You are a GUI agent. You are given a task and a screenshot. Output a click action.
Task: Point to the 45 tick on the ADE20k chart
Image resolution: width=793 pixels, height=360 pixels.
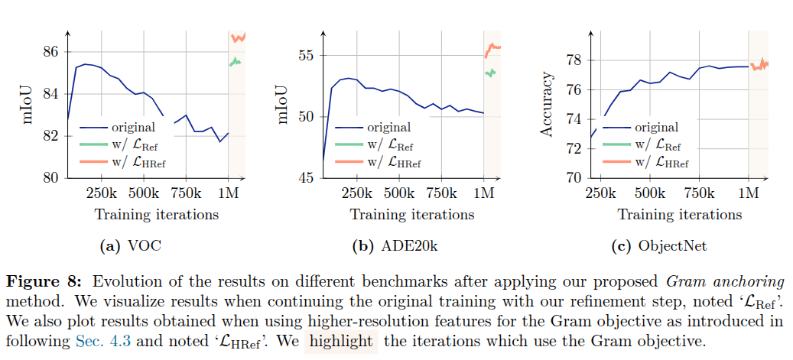pyautogui.click(x=306, y=177)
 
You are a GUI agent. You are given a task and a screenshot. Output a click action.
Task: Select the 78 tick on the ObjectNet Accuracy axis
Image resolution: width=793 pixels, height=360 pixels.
pyautogui.click(x=569, y=60)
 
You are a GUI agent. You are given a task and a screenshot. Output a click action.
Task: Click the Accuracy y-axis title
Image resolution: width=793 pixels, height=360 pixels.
pyautogui.click(x=546, y=104)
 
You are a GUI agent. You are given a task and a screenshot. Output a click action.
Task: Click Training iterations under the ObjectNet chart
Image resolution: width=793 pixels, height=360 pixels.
pyautogui.click(x=680, y=215)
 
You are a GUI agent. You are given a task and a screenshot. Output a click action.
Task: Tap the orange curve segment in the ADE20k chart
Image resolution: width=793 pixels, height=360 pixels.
pyautogui.click(x=492, y=47)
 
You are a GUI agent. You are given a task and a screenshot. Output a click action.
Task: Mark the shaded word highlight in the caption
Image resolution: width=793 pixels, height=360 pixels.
pyautogui.click(x=341, y=339)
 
